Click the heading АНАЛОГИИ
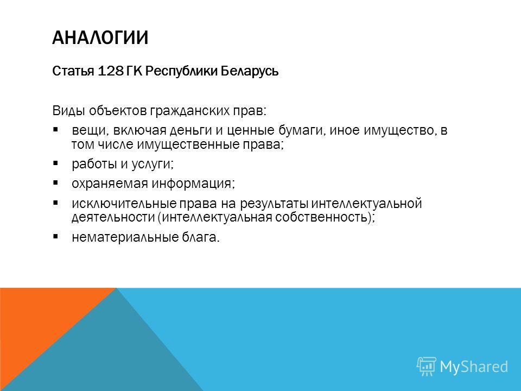pyautogui.click(x=100, y=37)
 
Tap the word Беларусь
pyautogui.click(x=250, y=71)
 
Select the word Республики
pyautogui.click(x=181, y=71)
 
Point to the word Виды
pyautogui.click(x=68, y=110)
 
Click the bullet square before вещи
pyautogui.click(x=55, y=129)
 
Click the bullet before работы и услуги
pyautogui.click(x=55, y=163)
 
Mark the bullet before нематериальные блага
pyautogui.click(x=55, y=236)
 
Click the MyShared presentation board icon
pyautogui.click(x=427, y=366)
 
